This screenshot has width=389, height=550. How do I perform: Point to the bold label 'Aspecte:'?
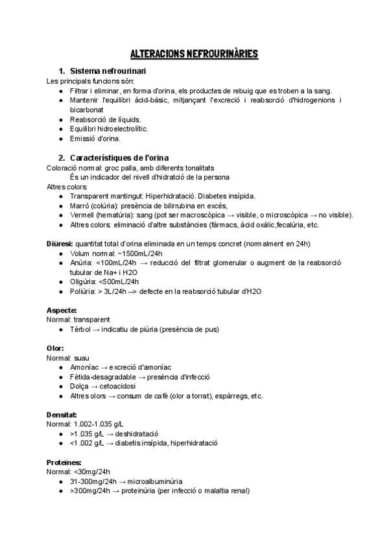[62, 310]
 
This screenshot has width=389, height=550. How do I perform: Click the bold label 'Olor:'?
[55, 348]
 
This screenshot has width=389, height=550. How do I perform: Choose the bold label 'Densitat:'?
[62, 414]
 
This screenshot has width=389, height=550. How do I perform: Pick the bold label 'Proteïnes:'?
[64, 462]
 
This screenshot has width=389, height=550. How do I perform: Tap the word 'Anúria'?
[81, 263]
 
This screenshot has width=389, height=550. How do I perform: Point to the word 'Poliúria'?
[84, 291]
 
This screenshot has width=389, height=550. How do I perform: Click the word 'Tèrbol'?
[81, 329]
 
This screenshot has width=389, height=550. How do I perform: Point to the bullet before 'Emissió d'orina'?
[60, 138]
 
